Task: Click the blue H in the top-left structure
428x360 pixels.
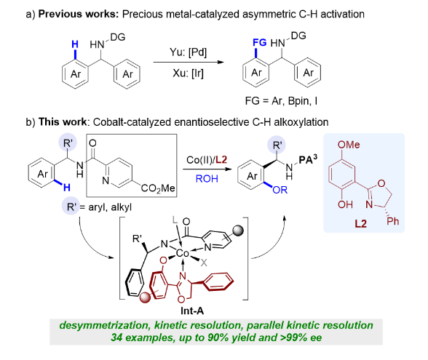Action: pyautogui.click(x=75, y=44)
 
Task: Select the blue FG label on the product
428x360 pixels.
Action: pyautogui.click(x=259, y=42)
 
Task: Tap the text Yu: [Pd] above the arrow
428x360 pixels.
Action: pyautogui.click(x=188, y=52)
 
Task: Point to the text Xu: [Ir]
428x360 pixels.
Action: pyautogui.click(x=188, y=73)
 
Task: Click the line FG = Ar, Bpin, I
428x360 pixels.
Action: pyautogui.click(x=281, y=101)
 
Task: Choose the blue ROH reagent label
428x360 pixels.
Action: pyautogui.click(x=207, y=179)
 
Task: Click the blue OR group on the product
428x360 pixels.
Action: pyautogui.click(x=280, y=190)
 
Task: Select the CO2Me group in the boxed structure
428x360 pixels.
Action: pyautogui.click(x=158, y=188)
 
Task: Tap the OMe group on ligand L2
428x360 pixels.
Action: pyautogui.click(x=349, y=145)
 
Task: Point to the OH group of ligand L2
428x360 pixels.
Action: pyautogui.click(x=345, y=204)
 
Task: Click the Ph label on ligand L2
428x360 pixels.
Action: pyautogui.click(x=393, y=221)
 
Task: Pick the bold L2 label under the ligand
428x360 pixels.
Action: pyautogui.click(x=360, y=224)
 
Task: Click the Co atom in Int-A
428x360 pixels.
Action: pyautogui.click(x=183, y=253)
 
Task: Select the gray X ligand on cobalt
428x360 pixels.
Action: pyautogui.click(x=204, y=263)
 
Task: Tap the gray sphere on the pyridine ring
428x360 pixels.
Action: pyautogui.click(x=238, y=231)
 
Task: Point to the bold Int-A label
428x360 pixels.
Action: pyautogui.click(x=192, y=311)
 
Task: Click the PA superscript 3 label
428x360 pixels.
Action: pyautogui.click(x=308, y=159)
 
